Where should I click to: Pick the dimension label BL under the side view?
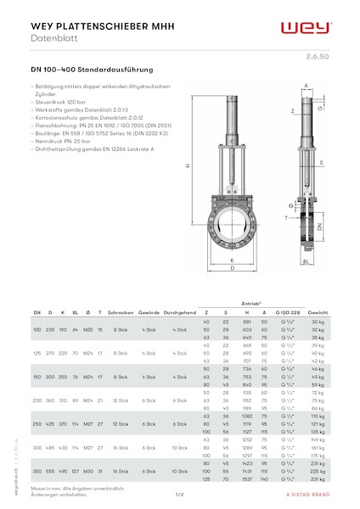304,262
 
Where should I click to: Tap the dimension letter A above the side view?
306,85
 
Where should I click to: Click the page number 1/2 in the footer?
180,494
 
